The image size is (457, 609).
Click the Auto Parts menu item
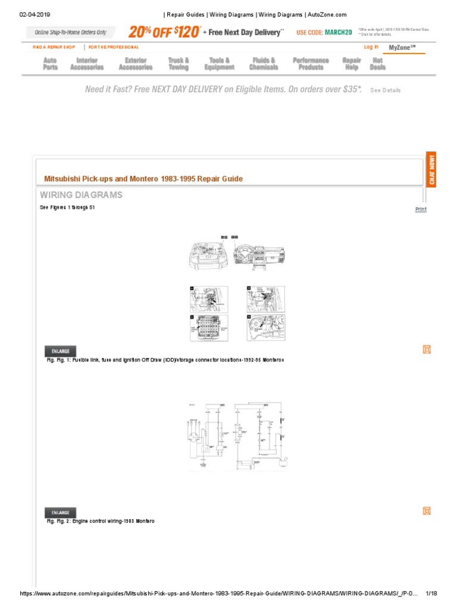pos(51,64)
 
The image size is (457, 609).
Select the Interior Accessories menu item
pos(87,64)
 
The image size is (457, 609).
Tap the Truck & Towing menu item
pos(179,64)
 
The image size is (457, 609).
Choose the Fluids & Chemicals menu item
pos(264,64)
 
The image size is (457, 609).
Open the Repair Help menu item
pos(352,64)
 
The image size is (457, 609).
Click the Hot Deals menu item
pos(377,64)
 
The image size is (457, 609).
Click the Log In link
pos(371,47)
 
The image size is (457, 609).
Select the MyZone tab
pos(402,48)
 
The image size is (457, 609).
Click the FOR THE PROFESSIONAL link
pos(114,47)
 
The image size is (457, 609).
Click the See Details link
pos(385,90)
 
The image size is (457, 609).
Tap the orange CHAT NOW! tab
pos(431,169)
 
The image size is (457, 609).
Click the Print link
pos(421,209)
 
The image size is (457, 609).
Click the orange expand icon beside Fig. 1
pos(426,350)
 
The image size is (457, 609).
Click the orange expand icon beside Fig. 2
pos(426,511)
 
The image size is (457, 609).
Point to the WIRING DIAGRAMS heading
pos(81,195)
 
